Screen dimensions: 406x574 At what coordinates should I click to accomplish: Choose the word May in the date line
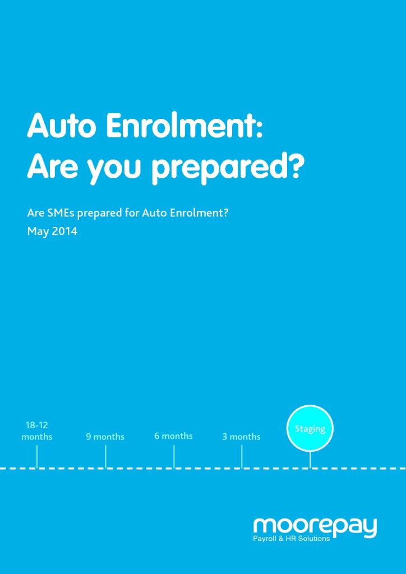click(38, 232)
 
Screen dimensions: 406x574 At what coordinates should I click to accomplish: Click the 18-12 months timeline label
click(36, 431)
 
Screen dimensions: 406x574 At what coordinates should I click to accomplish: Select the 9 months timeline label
click(105, 437)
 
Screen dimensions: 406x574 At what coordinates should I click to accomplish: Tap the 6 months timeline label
click(173, 436)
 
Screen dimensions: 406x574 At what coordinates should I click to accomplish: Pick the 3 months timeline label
click(241, 437)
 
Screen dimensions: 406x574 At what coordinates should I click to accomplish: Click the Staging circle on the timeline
click(310, 428)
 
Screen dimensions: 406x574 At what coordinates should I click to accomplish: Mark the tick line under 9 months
click(105, 456)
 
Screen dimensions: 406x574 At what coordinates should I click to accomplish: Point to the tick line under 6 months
click(174, 456)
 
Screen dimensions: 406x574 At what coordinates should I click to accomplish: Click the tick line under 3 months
click(242, 456)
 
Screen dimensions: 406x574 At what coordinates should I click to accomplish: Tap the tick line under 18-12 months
click(37, 456)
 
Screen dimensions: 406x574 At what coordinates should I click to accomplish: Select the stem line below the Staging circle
click(310, 460)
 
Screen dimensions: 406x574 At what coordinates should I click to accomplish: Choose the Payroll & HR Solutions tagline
click(292, 539)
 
